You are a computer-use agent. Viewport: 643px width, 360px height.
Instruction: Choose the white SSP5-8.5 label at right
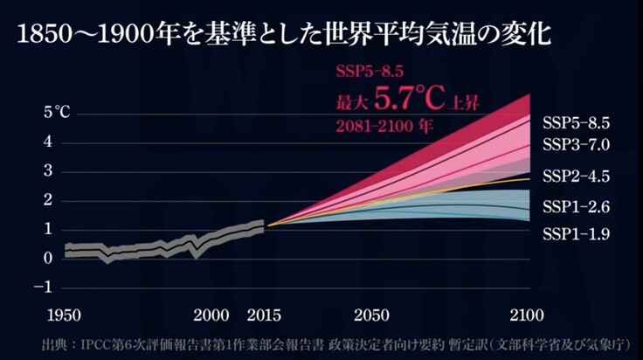pyautogui.click(x=576, y=122)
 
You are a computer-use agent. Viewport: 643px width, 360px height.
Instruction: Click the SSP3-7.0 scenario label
pyautogui.click(x=576, y=144)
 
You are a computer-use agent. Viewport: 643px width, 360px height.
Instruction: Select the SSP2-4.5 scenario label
pyautogui.click(x=576, y=177)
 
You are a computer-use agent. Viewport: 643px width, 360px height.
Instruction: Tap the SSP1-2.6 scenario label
pyautogui.click(x=576, y=207)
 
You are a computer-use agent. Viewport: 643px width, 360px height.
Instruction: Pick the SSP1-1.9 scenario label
pyautogui.click(x=576, y=234)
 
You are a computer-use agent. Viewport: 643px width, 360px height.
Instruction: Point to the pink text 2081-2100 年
pyautogui.click(x=385, y=125)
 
